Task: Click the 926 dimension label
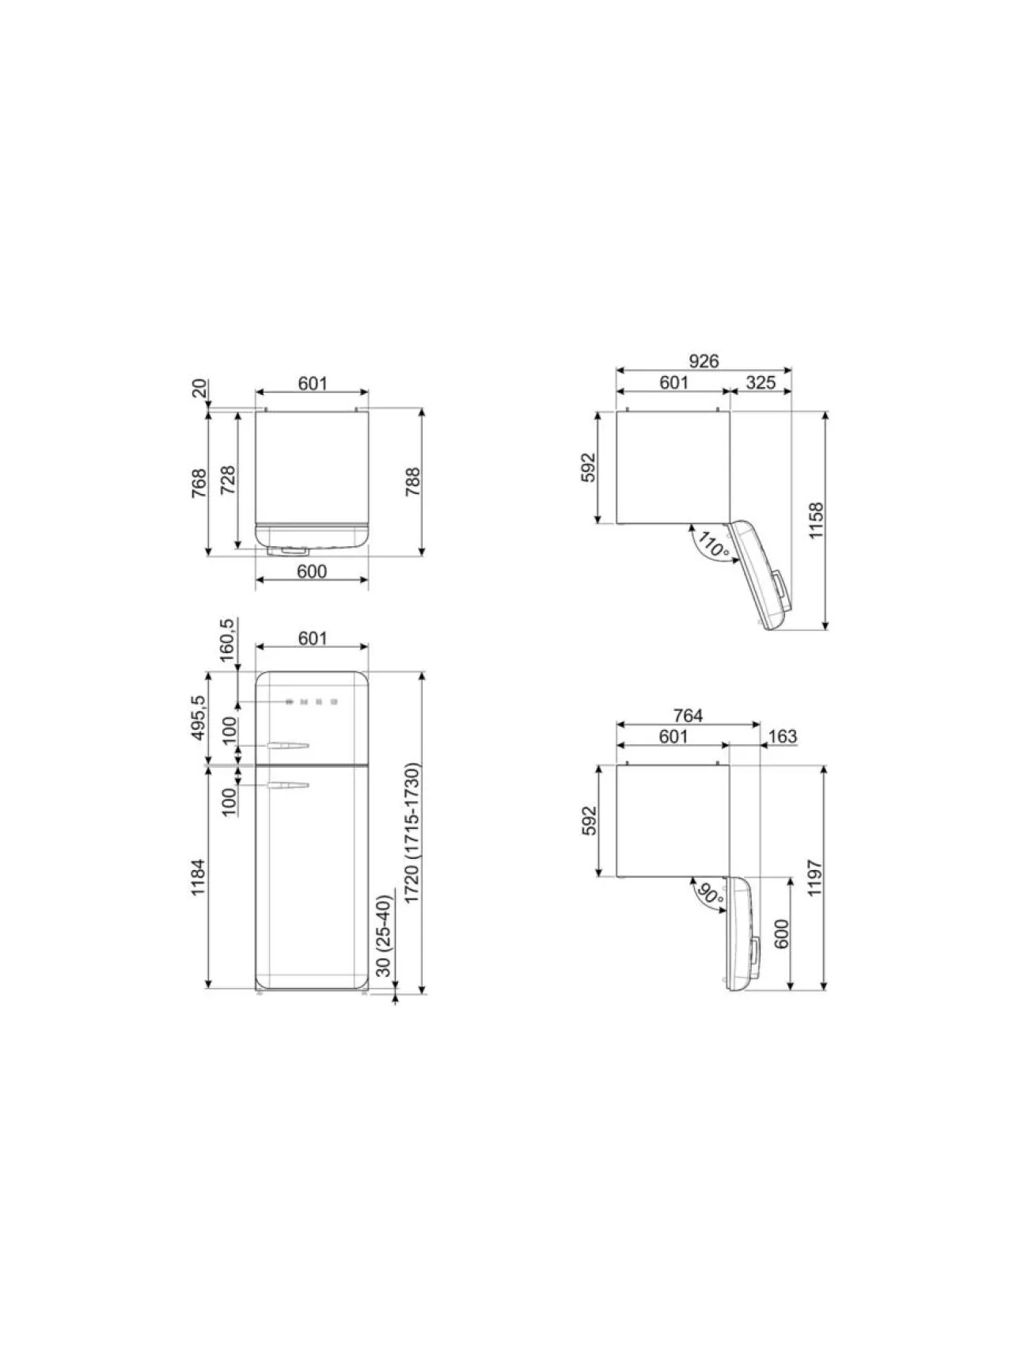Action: coord(703,361)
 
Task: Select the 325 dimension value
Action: coord(761,382)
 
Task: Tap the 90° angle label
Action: coord(710,895)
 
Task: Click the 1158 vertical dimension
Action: coord(817,520)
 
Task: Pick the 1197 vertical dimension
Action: coord(817,878)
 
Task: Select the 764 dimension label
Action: coord(688,716)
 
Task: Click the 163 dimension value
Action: coord(782,737)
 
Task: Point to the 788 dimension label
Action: coord(413,483)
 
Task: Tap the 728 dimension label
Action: coord(227,481)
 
